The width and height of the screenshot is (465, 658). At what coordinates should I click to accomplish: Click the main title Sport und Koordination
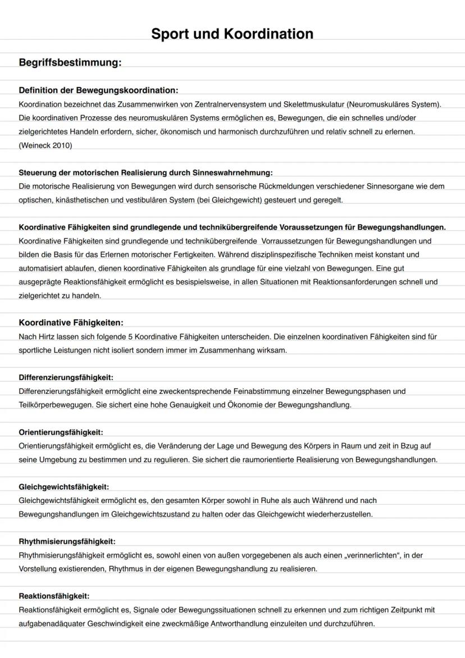pos(232,34)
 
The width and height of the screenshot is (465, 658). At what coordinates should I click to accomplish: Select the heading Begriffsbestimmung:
pos(70,62)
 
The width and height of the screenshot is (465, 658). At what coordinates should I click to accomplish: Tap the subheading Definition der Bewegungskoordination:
pos(98,90)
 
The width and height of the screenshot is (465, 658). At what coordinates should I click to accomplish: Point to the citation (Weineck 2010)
pos(45,145)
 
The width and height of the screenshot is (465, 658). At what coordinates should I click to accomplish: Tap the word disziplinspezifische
pos(272,255)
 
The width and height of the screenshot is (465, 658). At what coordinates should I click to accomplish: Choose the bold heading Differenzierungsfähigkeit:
pos(66,378)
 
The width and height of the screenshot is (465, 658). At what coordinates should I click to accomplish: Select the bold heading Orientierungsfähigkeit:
pos(61,432)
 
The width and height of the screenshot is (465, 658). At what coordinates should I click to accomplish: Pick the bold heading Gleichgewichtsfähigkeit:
pos(63,487)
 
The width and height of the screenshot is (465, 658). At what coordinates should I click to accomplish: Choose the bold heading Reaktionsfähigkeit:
pos(54,596)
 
